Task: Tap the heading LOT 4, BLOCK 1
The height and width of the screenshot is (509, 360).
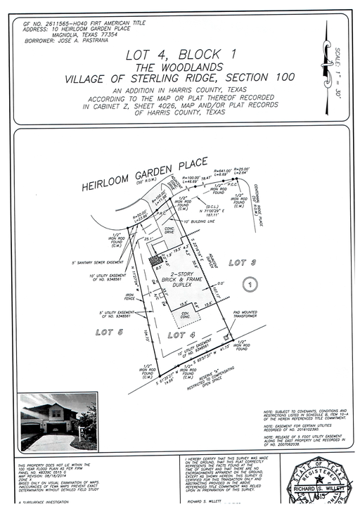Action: tap(179, 54)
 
